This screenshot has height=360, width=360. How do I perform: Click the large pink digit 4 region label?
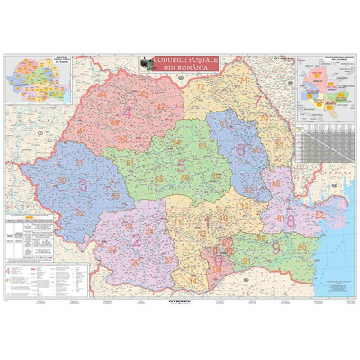click(127, 112)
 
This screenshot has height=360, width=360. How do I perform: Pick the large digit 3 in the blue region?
click(85, 184)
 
